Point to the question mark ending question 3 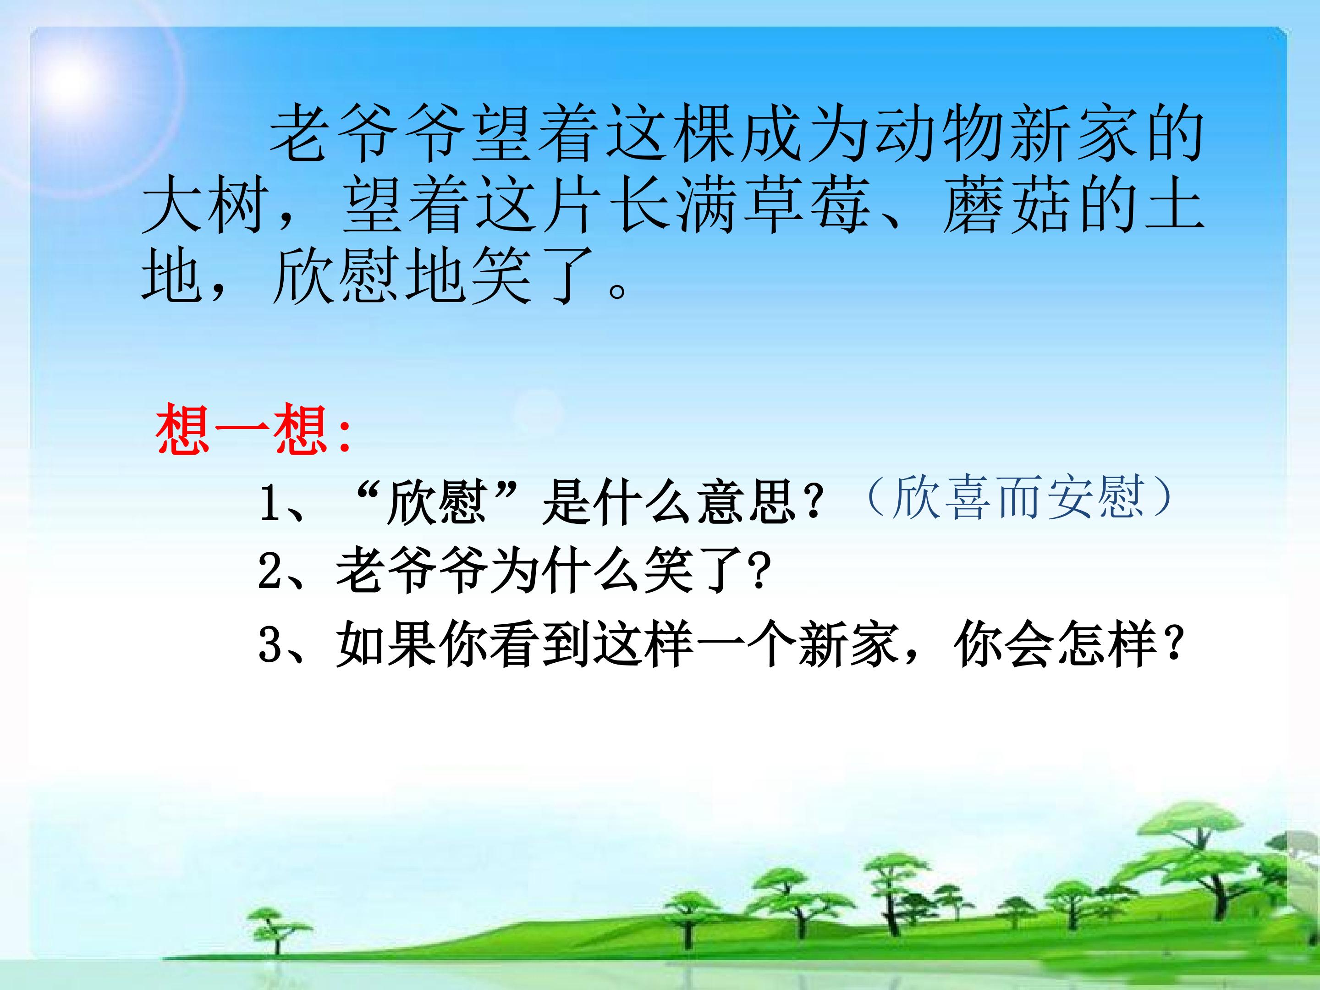1174,643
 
